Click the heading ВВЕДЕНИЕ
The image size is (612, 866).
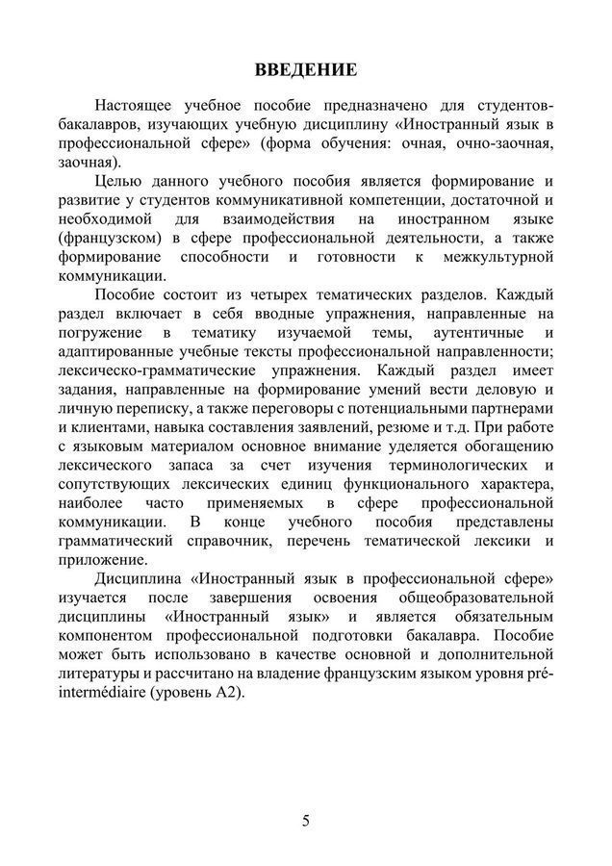point(306,70)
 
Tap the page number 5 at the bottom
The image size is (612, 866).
point(306,820)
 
